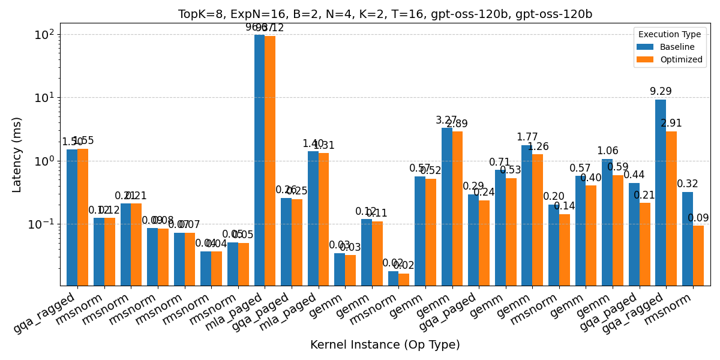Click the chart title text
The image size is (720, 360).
tap(385, 14)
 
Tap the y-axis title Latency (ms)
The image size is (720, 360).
tap(17, 155)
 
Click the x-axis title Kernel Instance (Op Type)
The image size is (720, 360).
tap(385, 345)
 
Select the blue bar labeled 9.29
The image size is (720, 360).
tap(661, 192)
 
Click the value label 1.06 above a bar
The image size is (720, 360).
tap(607, 151)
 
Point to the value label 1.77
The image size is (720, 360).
tap(527, 137)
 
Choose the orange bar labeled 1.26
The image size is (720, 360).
tap(538, 220)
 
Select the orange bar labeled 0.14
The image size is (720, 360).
tap(565, 250)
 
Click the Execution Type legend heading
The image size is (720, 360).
tap(670, 35)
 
